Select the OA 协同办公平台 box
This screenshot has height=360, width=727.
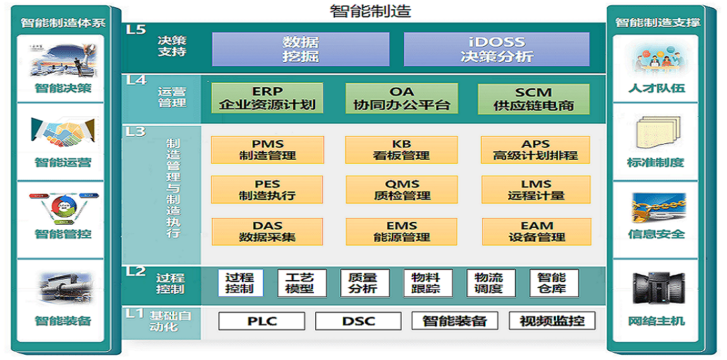[x=402, y=98]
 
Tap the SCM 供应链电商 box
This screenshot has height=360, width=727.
[x=533, y=98]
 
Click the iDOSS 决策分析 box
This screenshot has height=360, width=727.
[x=497, y=49]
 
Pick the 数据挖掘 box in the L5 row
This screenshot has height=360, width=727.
[x=301, y=49]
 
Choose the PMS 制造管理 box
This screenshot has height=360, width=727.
[x=267, y=150]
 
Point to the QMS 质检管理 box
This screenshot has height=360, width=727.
[x=402, y=190]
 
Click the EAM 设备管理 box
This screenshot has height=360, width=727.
[x=537, y=232]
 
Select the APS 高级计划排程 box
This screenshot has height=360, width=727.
[x=535, y=150]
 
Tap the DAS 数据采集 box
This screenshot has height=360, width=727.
[x=268, y=232]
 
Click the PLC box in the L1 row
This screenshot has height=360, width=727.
[x=262, y=321]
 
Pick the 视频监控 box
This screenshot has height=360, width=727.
[x=552, y=320]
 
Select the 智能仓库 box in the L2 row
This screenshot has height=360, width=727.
[x=554, y=283]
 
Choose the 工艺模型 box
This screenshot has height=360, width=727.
[x=302, y=283]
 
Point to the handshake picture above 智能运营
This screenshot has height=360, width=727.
[x=62, y=131]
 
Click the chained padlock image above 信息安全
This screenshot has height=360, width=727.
[x=656, y=207]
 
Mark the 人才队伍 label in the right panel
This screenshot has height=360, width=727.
[x=656, y=88]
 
